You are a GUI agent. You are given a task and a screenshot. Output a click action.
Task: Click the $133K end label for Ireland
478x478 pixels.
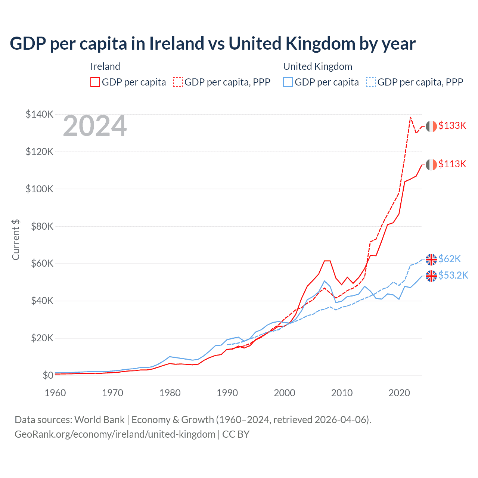pyautogui.click(x=452, y=125)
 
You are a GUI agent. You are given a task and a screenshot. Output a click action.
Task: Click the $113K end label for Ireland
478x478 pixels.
pyautogui.click(x=452, y=164)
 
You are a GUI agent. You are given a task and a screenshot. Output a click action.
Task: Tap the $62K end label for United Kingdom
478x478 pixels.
pyautogui.click(x=450, y=259)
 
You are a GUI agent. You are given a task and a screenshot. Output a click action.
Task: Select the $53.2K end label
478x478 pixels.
pyautogui.click(x=453, y=275)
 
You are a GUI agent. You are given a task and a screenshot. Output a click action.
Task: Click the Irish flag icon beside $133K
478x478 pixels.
pyautogui.click(x=431, y=126)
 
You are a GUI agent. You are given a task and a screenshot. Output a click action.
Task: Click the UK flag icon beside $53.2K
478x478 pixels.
pyautogui.click(x=431, y=276)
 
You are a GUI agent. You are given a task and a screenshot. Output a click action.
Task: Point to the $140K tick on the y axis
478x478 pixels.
pyautogui.click(x=39, y=114)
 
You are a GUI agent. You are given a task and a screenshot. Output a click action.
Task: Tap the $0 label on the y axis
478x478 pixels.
pyautogui.click(x=48, y=375)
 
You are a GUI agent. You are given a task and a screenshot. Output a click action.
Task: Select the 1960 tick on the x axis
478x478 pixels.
pyautogui.click(x=55, y=393)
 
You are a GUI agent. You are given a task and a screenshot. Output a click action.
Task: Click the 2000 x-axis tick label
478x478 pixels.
pyautogui.click(x=285, y=393)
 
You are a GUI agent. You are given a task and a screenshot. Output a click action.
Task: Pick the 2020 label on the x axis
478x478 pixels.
pyautogui.click(x=399, y=393)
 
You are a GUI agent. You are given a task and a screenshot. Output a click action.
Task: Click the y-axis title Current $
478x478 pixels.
pyautogui.click(x=16, y=240)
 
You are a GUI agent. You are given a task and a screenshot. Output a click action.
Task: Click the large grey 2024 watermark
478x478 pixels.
pyautogui.click(x=95, y=126)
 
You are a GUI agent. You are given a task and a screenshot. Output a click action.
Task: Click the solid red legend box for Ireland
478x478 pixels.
pyautogui.click(x=95, y=82)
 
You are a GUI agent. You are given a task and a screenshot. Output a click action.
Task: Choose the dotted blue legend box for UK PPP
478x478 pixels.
pyautogui.click(x=371, y=82)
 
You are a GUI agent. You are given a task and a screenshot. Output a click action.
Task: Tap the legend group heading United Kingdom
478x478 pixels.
pyautogui.click(x=317, y=66)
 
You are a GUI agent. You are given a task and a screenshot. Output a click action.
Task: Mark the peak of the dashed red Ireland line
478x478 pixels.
pyautogui.click(x=410, y=117)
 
